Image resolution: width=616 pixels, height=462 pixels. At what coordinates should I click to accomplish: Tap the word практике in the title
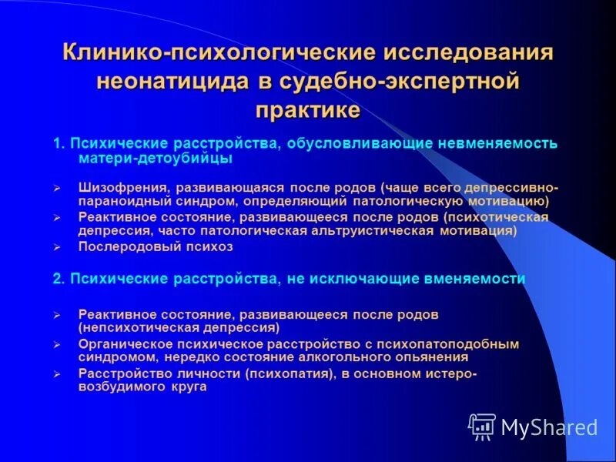click(308, 109)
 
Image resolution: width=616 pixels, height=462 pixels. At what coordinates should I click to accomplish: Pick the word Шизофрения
click(123, 187)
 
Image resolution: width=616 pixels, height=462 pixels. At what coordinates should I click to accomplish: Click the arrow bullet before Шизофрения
click(56, 188)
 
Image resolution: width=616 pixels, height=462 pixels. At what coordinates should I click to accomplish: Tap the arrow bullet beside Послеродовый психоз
click(56, 248)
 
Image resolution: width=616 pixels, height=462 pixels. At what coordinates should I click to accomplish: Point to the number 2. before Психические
click(59, 279)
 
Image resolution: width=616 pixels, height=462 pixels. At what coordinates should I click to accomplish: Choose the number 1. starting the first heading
click(59, 144)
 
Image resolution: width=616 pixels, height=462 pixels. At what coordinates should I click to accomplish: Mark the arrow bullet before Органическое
click(56, 344)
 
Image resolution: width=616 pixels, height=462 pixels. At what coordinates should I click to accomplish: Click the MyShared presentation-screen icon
click(482, 426)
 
